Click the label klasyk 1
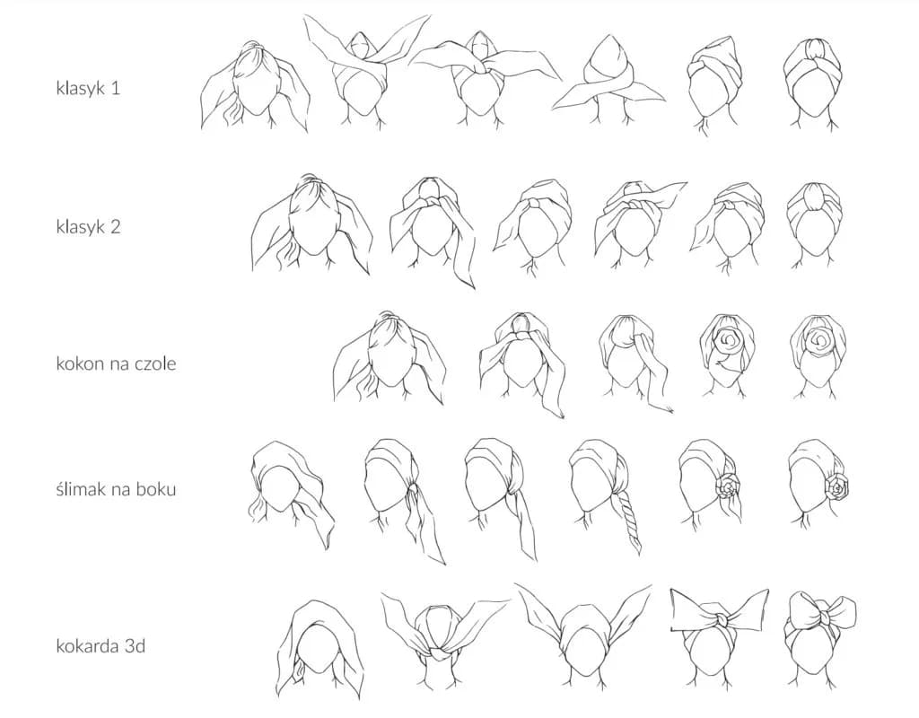[88, 88]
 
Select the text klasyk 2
[88, 226]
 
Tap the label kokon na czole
[116, 363]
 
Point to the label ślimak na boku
[116, 489]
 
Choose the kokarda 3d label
[101, 646]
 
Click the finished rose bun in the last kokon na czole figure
[817, 340]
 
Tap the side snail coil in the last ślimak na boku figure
[836, 486]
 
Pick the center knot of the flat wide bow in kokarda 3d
[719, 619]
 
